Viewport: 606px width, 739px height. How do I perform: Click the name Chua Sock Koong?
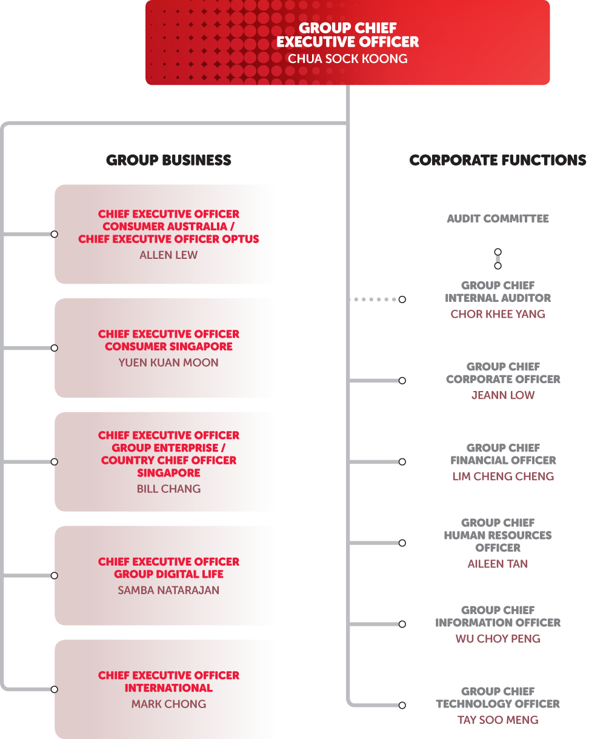click(347, 59)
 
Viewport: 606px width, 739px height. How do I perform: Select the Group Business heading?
click(168, 160)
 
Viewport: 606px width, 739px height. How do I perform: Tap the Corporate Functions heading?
click(498, 160)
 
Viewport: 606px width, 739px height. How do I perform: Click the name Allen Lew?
click(168, 255)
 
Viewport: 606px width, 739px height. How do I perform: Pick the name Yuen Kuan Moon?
click(168, 363)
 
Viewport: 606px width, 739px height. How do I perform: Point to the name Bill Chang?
click(168, 489)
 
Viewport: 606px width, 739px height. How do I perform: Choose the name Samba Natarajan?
click(168, 590)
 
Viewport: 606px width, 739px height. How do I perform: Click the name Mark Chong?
click(168, 704)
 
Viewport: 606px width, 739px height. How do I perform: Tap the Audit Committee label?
click(498, 219)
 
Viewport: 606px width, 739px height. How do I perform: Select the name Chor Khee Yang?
click(498, 314)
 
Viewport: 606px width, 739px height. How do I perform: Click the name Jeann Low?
click(503, 395)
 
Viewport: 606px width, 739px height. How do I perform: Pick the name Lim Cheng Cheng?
click(503, 477)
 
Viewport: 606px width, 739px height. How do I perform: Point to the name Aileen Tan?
click(498, 563)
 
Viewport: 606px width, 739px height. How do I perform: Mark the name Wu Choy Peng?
click(498, 638)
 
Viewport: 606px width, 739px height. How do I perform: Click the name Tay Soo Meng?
click(498, 720)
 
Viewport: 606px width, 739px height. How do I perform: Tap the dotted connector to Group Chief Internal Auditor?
click(374, 299)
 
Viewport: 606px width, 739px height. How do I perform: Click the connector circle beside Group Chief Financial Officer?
click(402, 462)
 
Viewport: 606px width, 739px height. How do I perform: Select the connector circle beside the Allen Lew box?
click(55, 234)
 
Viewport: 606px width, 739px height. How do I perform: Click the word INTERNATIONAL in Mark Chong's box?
click(168, 688)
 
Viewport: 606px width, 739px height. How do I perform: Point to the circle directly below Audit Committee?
click(498, 252)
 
